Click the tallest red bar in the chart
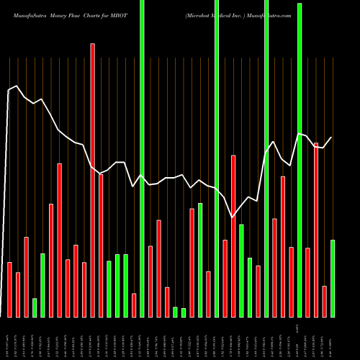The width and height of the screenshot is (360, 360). (92, 180)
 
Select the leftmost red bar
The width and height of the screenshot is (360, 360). (10, 289)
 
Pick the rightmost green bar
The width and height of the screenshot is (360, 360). (333, 278)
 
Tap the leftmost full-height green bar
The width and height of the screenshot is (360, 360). (142, 158)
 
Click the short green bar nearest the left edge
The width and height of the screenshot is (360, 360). (35, 307)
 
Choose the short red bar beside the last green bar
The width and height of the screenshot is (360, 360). (324, 301)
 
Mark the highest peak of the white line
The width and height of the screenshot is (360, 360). (16, 86)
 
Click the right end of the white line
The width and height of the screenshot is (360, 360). (332, 137)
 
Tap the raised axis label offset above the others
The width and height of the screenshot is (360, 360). (299, 331)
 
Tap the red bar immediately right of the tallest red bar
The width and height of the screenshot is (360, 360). (101, 246)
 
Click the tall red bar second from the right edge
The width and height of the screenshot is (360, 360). (316, 230)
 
